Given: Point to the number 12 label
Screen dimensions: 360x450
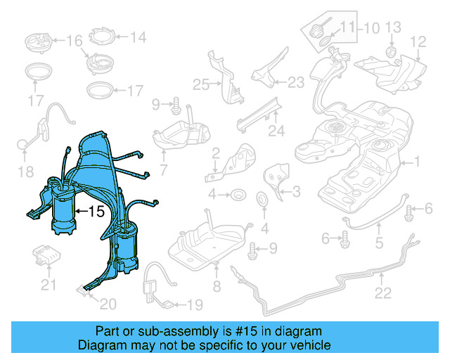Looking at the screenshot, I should (x=418, y=43).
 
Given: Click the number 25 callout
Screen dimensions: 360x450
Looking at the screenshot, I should (x=202, y=85).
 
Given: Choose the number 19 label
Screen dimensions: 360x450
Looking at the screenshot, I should (x=193, y=304).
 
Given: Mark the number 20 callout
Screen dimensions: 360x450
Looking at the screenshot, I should (x=107, y=304).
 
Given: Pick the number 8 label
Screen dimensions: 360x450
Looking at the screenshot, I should (x=217, y=286).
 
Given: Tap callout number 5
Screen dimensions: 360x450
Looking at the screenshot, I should (x=379, y=245).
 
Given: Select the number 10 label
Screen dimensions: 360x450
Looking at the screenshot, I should (x=371, y=28).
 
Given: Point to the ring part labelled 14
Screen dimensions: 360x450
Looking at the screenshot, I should (x=103, y=36).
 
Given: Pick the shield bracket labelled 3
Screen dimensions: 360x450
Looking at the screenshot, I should (x=276, y=179).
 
